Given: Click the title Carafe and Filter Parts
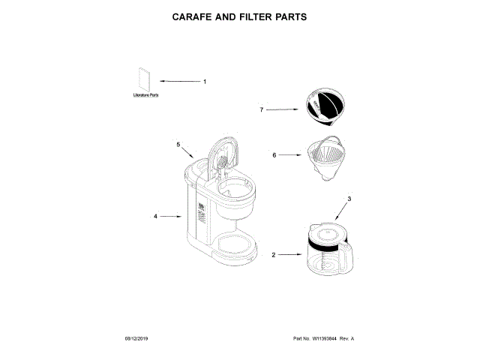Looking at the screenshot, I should click(x=240, y=16).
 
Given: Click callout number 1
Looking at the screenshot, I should click(x=204, y=81).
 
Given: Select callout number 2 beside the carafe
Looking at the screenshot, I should click(x=273, y=255).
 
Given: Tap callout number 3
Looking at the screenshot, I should click(x=349, y=198).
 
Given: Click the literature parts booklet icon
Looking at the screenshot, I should click(x=145, y=81).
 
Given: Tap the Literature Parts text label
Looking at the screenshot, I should click(x=145, y=96).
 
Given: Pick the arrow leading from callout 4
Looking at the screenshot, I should click(x=172, y=216).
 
